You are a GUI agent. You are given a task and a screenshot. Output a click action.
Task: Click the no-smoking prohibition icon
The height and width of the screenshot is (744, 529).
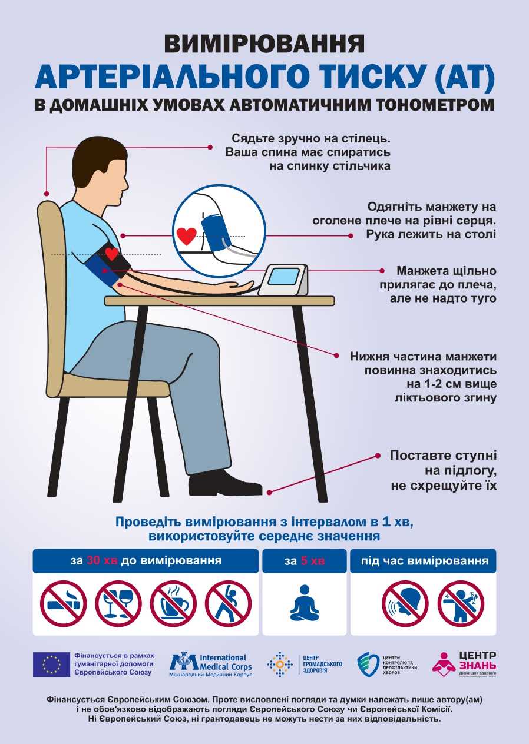(63, 603)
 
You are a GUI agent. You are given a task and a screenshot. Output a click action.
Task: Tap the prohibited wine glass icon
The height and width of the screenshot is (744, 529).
(118, 603)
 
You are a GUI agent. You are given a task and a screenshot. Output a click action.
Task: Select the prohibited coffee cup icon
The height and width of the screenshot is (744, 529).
(173, 603)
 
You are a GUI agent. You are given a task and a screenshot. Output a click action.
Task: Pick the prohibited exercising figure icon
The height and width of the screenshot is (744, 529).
(228, 603)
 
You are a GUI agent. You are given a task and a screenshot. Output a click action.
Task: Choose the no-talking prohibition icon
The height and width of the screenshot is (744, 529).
(405, 603)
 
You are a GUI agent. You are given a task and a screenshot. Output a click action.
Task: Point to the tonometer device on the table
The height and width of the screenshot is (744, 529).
(283, 281)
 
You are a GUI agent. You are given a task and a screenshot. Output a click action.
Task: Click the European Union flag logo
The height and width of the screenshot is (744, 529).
(51, 664)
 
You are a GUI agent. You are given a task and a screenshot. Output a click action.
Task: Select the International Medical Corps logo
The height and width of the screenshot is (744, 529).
(211, 663)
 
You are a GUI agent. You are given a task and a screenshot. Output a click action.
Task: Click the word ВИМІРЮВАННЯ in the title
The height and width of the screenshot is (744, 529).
(264, 44)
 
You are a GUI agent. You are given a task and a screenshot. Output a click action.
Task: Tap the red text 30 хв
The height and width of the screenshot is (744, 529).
(102, 560)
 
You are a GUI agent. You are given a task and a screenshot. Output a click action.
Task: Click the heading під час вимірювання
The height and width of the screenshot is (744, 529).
(423, 560)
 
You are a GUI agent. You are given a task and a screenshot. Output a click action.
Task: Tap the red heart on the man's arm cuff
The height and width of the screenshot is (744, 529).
(111, 254)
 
